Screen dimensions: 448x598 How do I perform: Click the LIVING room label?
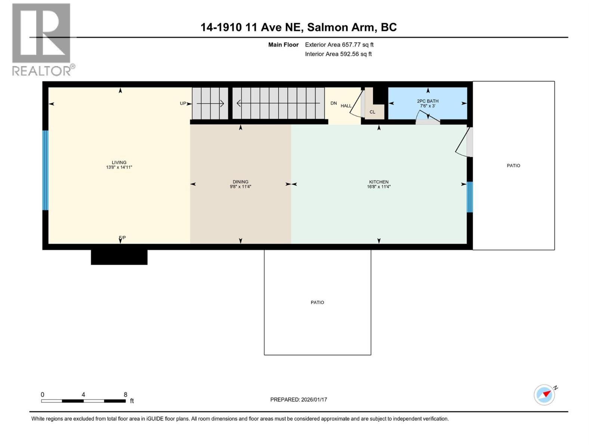click(x=119, y=162)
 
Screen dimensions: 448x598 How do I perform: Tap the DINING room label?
click(x=240, y=182)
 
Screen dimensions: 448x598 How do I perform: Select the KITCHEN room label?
click(x=379, y=182)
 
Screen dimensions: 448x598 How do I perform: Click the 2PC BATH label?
click(x=428, y=101)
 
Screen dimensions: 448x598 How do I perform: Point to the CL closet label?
click(x=372, y=112)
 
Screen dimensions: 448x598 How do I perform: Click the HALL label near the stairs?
click(x=346, y=106)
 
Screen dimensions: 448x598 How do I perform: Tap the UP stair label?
click(x=183, y=103)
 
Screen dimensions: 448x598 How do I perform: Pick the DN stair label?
click(x=333, y=103)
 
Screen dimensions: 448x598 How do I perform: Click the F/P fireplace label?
click(x=122, y=237)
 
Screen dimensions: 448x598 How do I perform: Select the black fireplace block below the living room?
click(x=119, y=257)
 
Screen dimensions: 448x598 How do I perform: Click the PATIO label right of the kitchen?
click(x=513, y=165)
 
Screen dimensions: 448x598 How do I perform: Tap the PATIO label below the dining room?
click(x=317, y=302)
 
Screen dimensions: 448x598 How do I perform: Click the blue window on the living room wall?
click(x=45, y=170)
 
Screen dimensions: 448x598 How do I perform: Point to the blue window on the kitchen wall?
click(x=470, y=197)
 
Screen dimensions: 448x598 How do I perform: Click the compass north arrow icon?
click(x=544, y=395)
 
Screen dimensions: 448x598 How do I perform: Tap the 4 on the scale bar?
click(x=83, y=395)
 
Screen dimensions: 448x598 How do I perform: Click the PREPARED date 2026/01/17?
click(x=299, y=399)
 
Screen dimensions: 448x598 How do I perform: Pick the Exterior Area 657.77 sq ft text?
click(x=339, y=45)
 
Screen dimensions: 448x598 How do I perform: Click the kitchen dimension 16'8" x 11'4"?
click(x=379, y=187)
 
